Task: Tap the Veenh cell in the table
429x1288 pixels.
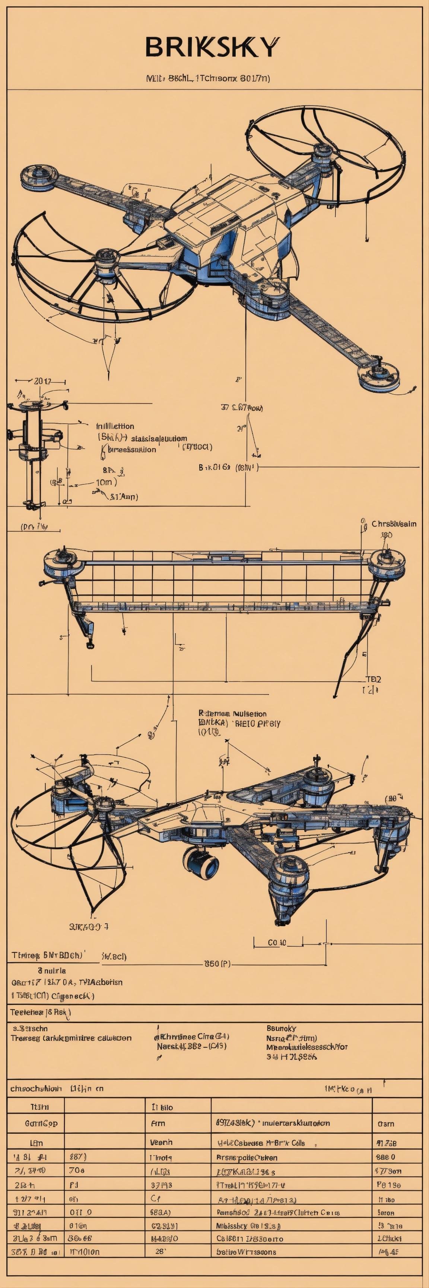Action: tap(161, 1143)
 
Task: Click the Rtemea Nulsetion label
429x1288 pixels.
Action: tap(232, 713)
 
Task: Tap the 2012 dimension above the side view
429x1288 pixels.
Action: tap(42, 381)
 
